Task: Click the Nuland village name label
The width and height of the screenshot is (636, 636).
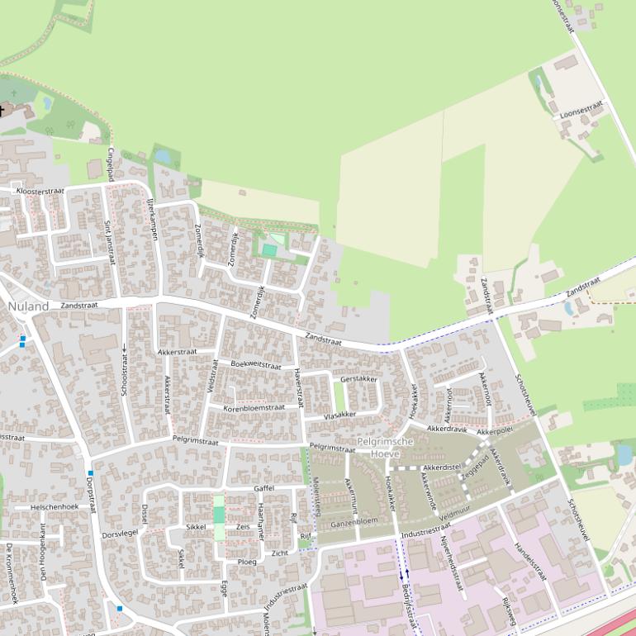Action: (x=29, y=306)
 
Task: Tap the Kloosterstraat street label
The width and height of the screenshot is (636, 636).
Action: (x=40, y=191)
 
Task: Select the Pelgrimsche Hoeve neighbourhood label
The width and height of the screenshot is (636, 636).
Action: (x=385, y=448)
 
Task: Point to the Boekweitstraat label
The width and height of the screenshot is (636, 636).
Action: (x=256, y=364)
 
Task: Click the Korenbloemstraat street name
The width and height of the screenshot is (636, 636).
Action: (x=254, y=407)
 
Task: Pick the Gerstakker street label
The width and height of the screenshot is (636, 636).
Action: (x=358, y=379)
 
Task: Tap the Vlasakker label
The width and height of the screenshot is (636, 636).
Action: (x=340, y=415)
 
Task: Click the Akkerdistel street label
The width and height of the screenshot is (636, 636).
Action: (x=441, y=468)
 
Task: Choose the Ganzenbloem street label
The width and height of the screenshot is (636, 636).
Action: (x=354, y=522)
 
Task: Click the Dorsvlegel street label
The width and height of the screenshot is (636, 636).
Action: (x=121, y=534)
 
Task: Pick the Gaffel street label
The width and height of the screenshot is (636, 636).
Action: (x=263, y=488)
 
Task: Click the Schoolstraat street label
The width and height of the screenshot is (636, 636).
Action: (x=125, y=371)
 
